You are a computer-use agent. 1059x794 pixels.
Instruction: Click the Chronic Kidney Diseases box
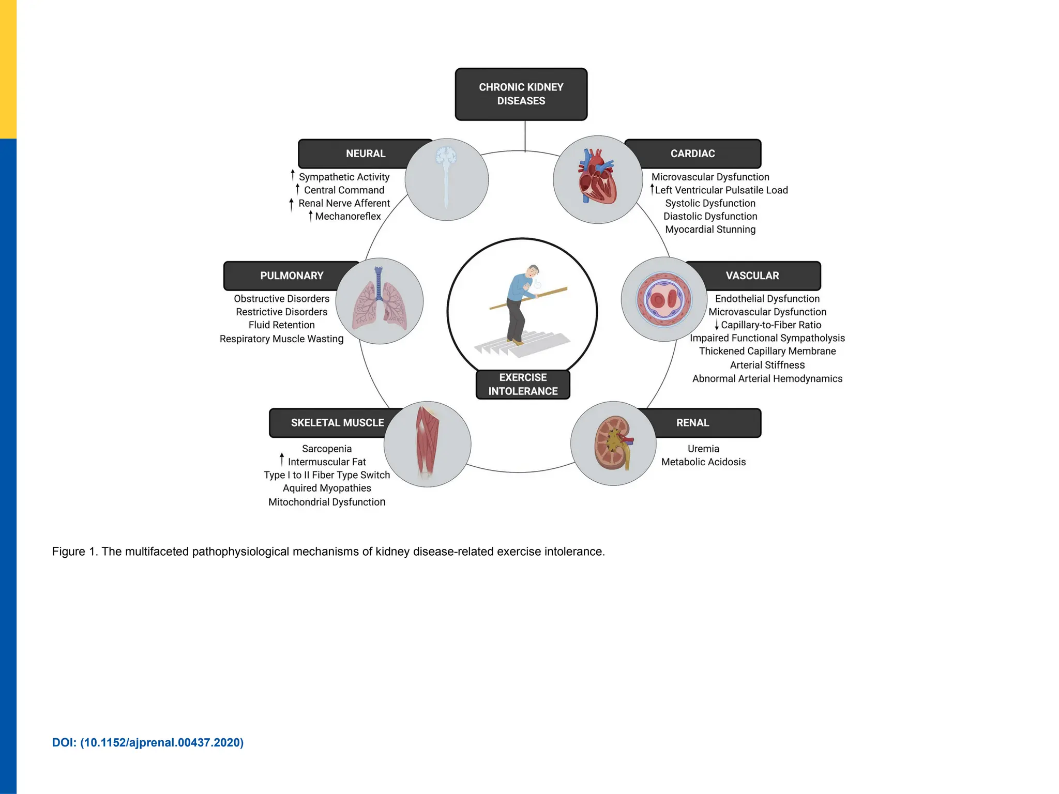click(521, 94)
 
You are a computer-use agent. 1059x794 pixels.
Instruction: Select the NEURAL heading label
click(365, 154)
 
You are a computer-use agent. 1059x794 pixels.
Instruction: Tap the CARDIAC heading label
click(692, 154)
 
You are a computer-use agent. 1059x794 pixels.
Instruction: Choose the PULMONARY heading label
click(291, 276)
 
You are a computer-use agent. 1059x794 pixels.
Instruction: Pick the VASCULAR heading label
click(752, 276)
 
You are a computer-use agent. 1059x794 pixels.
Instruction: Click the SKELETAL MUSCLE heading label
click(337, 423)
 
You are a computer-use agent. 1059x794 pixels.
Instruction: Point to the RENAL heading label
click(692, 423)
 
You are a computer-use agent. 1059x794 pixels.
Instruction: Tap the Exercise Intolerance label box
click(523, 385)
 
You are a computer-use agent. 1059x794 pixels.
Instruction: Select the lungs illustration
click(380, 301)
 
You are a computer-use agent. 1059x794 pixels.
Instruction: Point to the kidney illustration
click(614, 443)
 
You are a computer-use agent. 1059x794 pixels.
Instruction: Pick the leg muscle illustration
click(428, 443)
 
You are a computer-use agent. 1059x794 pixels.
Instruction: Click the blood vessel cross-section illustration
click(664, 299)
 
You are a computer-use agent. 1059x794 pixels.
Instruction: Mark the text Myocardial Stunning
click(710, 230)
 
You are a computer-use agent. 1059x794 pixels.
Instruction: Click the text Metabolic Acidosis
click(703, 462)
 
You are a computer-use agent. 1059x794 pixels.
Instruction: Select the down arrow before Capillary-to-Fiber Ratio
click(717, 325)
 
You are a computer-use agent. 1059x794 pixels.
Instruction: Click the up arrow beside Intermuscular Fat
click(282, 459)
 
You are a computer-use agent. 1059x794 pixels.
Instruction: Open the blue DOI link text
click(148, 743)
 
